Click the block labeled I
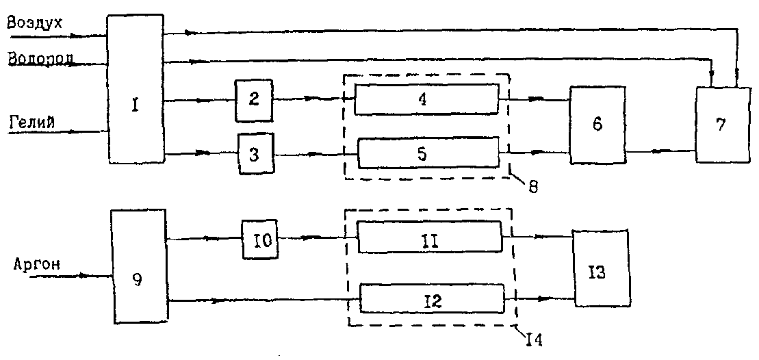136,89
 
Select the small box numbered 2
253,99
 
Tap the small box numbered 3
255,155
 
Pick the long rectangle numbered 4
426,99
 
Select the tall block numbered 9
140,267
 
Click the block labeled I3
600,268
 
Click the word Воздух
35,23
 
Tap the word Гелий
32,121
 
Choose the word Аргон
36,263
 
